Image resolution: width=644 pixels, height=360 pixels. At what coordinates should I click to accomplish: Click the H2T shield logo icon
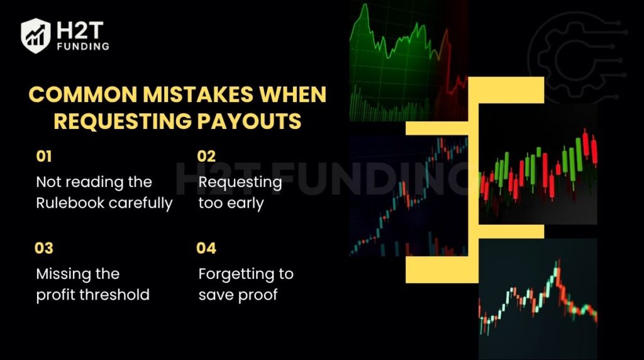click(35, 35)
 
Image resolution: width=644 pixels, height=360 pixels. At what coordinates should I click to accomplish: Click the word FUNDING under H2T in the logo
click(83, 47)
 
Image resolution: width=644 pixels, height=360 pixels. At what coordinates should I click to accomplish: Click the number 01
click(44, 157)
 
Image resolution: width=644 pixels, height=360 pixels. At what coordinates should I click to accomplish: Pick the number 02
click(207, 157)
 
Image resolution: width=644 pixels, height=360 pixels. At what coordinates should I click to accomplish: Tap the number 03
click(44, 248)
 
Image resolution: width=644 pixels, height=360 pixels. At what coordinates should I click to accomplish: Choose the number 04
click(206, 248)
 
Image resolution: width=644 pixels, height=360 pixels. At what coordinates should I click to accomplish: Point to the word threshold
click(119, 295)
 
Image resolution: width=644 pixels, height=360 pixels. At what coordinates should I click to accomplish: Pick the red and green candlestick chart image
click(538, 167)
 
